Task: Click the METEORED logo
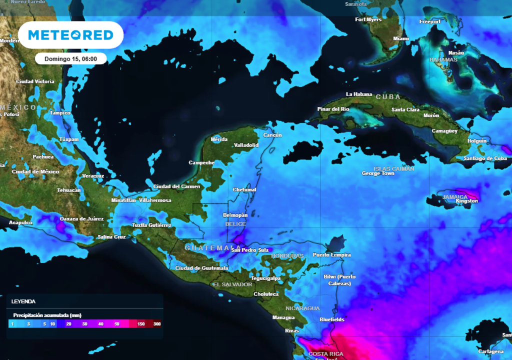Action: click(x=70, y=35)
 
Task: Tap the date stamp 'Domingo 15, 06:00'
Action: click(x=70, y=58)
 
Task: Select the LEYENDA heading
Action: click(x=23, y=301)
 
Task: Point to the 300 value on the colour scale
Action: click(x=157, y=324)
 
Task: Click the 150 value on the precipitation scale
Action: click(x=141, y=324)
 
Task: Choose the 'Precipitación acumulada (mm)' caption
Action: click(x=47, y=315)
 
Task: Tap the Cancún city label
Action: click(x=272, y=135)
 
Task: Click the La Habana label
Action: click(x=359, y=94)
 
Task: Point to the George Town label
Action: click(x=378, y=173)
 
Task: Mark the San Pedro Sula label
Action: click(x=249, y=250)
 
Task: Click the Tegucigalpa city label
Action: click(x=265, y=278)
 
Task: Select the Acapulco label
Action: click(x=20, y=222)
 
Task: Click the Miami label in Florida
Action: click(x=401, y=38)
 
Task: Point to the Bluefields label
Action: click(x=331, y=319)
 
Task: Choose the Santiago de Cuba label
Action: click(x=485, y=158)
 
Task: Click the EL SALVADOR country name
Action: click(x=232, y=284)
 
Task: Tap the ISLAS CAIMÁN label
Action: click(x=394, y=168)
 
